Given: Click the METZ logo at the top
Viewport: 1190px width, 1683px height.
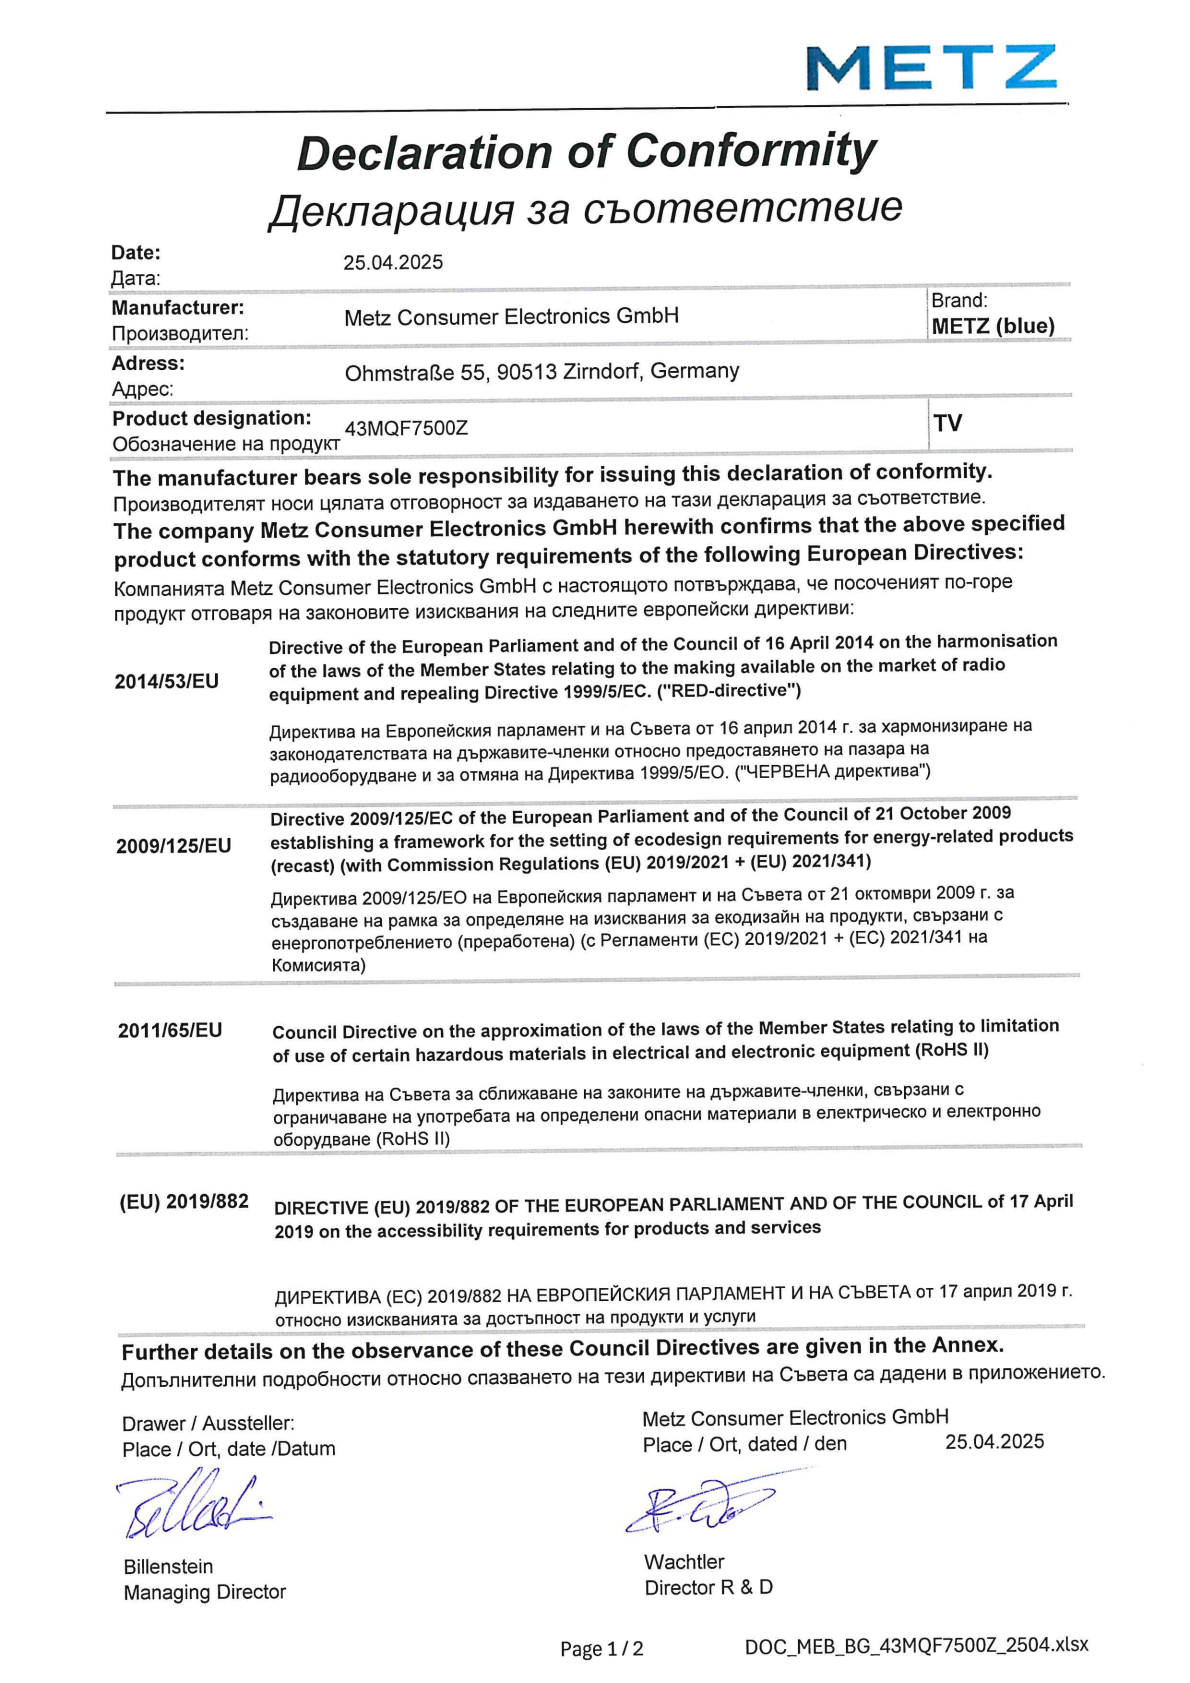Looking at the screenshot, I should [931, 68].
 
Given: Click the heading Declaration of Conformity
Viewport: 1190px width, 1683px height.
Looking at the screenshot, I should [586, 152].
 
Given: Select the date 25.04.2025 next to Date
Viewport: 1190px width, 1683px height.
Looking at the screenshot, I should [393, 262].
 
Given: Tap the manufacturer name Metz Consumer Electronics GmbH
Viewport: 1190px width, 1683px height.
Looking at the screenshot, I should [511, 317].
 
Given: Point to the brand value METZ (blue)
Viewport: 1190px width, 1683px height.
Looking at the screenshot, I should [993, 326].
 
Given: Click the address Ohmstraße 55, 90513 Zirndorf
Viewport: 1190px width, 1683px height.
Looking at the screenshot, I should [542, 372].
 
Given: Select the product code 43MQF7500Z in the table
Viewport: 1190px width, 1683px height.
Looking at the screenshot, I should [406, 428].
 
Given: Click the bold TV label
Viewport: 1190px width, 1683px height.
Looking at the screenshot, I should [948, 423].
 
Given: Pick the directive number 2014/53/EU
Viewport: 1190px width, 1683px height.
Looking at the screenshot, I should [166, 682].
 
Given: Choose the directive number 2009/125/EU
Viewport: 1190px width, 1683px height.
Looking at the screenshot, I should [173, 846].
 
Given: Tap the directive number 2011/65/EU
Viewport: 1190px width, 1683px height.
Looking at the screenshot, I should [170, 1030].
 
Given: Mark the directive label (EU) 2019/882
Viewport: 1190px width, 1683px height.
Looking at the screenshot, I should [184, 1201].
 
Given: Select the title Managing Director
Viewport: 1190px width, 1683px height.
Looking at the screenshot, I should [205, 1592].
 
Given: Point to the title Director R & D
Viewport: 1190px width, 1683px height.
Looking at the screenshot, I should [708, 1587].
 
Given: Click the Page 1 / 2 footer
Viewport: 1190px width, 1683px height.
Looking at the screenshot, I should [601, 1649].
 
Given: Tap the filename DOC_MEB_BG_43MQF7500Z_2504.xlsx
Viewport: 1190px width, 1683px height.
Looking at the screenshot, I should [916, 1645].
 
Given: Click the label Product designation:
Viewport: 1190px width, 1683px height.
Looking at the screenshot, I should [211, 418].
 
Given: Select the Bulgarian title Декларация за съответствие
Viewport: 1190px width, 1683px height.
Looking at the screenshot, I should [585, 208].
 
